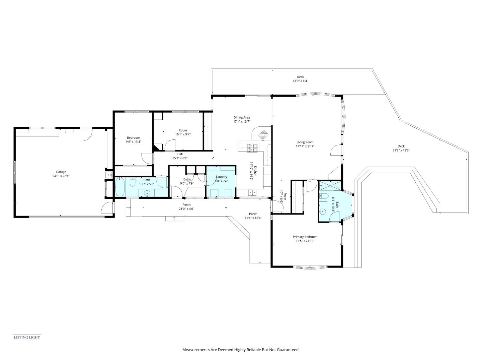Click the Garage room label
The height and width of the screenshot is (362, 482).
[x=61, y=172]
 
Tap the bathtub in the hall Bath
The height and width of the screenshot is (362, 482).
[x=120, y=187]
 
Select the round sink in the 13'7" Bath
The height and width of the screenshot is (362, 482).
[x=147, y=193]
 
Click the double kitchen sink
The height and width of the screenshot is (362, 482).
[x=252, y=193]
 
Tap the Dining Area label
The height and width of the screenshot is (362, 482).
[x=242, y=118]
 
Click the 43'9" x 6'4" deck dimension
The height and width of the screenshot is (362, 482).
[x=300, y=81]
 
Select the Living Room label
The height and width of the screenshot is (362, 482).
[x=305, y=142]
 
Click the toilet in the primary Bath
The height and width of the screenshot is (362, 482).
[x=323, y=196]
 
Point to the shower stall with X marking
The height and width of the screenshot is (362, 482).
[x=330, y=185]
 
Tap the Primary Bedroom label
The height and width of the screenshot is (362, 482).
[x=305, y=237]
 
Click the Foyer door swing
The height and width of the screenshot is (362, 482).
[x=278, y=206]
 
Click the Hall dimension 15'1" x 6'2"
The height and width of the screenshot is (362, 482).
[x=180, y=158]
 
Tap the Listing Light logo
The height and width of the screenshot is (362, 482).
[x=27, y=337]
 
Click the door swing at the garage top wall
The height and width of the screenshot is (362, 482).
[x=86, y=134]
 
